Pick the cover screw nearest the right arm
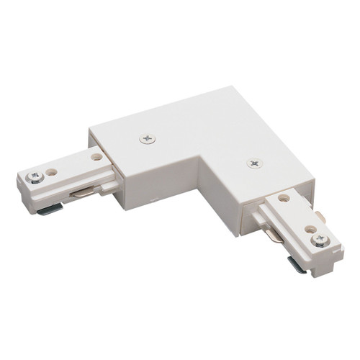pos(254,163)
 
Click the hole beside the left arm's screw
pos(52,173)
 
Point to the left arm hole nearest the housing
pos(96,156)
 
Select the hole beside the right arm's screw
pos(310,229)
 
